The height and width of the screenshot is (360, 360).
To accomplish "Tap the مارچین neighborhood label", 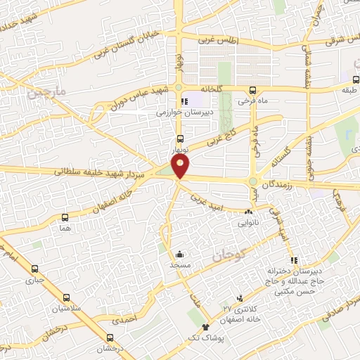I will click(46, 92).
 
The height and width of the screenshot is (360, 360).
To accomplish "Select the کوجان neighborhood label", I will click(227, 257).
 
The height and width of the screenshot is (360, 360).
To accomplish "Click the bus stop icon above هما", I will click(65, 218).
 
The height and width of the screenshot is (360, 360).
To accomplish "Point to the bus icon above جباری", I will click(34, 268).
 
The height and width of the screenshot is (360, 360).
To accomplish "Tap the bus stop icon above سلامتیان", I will click(66, 298).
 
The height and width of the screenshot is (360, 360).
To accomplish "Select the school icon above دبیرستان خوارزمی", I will click(185, 101).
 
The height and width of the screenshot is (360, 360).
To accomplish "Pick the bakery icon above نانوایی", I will click(248, 212).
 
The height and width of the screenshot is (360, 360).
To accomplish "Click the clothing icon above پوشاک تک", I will click(205, 326).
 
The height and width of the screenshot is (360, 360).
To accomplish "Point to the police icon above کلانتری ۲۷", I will click(240, 298).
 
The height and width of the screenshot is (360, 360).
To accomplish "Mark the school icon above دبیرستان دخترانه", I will click(294, 260).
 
